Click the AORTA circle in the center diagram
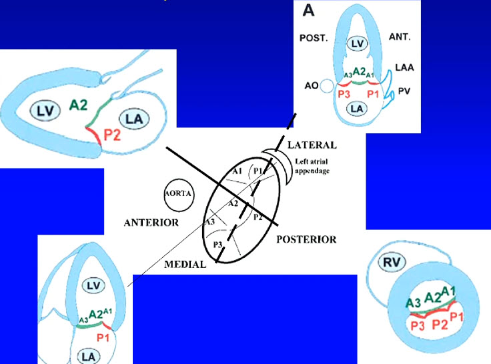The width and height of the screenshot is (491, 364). (178, 195)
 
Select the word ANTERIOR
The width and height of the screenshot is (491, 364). (151, 223)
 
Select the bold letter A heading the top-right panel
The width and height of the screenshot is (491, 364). (309, 10)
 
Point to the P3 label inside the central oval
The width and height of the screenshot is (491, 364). (217, 245)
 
